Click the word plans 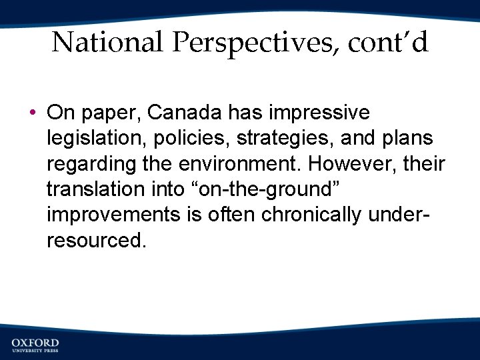coord(406,139)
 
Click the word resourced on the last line coord(95,240)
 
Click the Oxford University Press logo coord(35,345)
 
